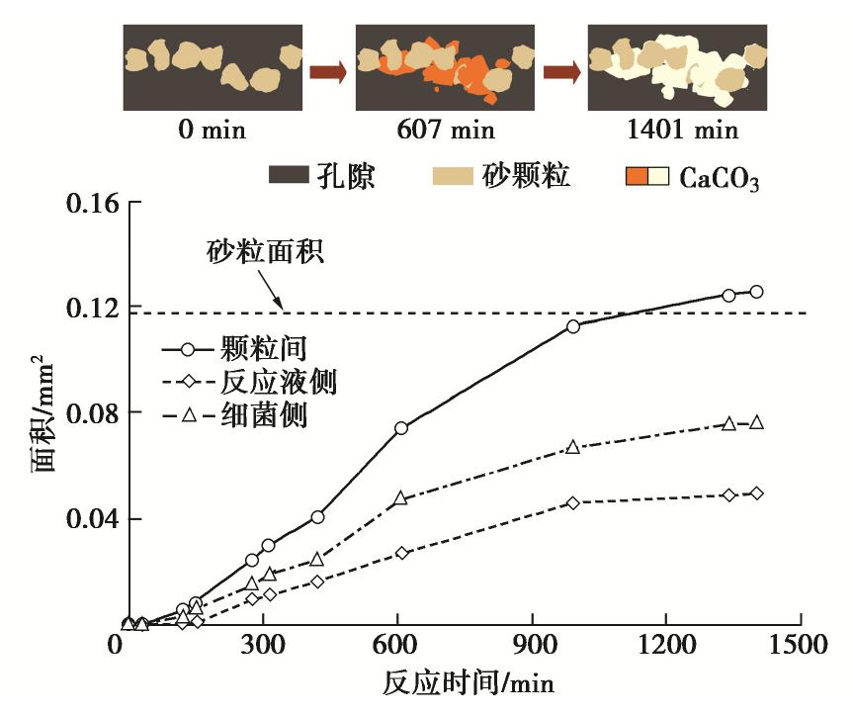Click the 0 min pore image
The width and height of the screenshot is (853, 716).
coord(213,67)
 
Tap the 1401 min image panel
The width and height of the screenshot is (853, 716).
coord(677,67)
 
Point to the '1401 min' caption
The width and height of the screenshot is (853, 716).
coord(678,130)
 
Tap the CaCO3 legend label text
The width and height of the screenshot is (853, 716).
coord(719,179)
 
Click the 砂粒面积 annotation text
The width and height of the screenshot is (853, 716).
coord(265,252)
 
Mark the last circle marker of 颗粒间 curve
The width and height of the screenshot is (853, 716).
coord(756,292)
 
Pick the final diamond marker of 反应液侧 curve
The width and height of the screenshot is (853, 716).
coord(756,492)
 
